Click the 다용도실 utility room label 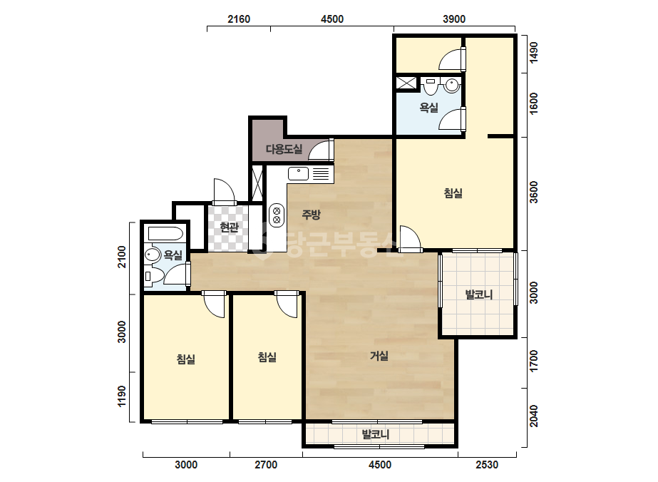click(x=284, y=149)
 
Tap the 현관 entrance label click(x=229, y=227)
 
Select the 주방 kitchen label click(x=312, y=215)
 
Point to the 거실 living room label click(x=379, y=356)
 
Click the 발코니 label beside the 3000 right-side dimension click(x=479, y=294)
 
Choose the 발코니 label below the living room click(x=376, y=434)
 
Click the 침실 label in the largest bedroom click(x=453, y=193)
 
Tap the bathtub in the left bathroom click(x=165, y=233)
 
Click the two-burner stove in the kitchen click(x=277, y=215)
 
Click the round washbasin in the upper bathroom click(x=452, y=86)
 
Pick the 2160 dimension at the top click(x=239, y=19)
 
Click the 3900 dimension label click(x=454, y=19)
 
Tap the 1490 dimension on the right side click(x=533, y=53)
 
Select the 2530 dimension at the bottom click(x=487, y=465)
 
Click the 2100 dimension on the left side click(x=122, y=257)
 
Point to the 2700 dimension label click(x=266, y=465)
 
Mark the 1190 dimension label click(x=122, y=396)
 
